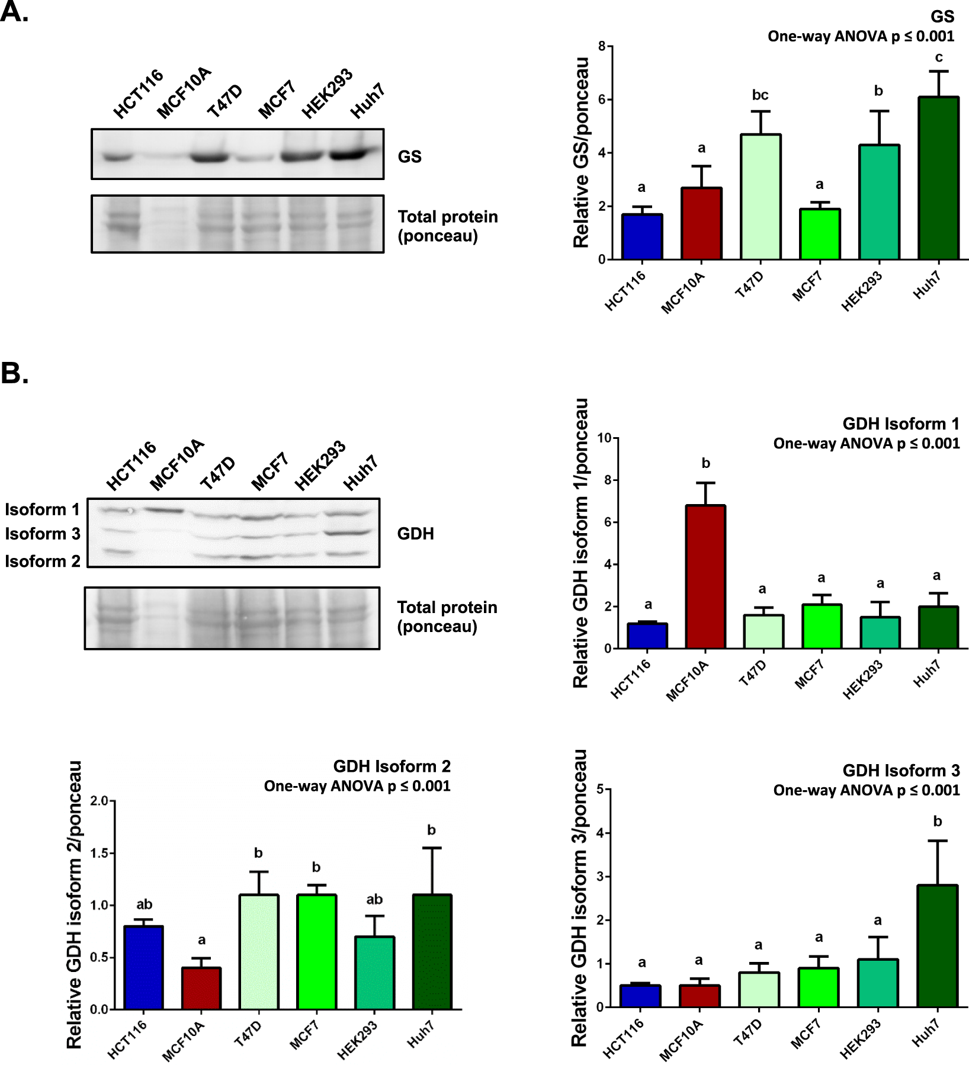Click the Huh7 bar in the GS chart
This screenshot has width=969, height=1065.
coord(938,178)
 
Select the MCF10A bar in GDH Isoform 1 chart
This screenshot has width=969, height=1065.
coord(705,577)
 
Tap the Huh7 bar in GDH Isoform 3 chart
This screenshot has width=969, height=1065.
coord(937,946)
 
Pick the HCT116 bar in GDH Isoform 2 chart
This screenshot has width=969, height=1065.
coord(143,967)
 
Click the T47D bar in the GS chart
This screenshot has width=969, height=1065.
coord(761,197)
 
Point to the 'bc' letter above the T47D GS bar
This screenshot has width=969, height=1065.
coord(761,95)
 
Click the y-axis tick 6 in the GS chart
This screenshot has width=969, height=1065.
coord(602,100)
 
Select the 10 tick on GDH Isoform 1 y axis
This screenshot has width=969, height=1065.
coord(604,438)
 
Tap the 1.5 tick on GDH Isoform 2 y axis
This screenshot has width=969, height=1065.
coord(99,853)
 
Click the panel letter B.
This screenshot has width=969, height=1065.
coord(14,373)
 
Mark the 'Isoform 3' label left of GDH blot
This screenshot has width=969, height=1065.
coord(43,534)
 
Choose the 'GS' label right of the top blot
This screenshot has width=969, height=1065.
coord(409,156)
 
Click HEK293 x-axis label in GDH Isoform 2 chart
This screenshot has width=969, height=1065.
coord(357,1041)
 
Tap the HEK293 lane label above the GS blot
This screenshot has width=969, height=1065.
coord(327,94)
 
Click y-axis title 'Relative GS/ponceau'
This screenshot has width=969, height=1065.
coord(581,153)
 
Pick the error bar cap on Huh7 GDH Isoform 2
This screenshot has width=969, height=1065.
coord(432,848)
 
